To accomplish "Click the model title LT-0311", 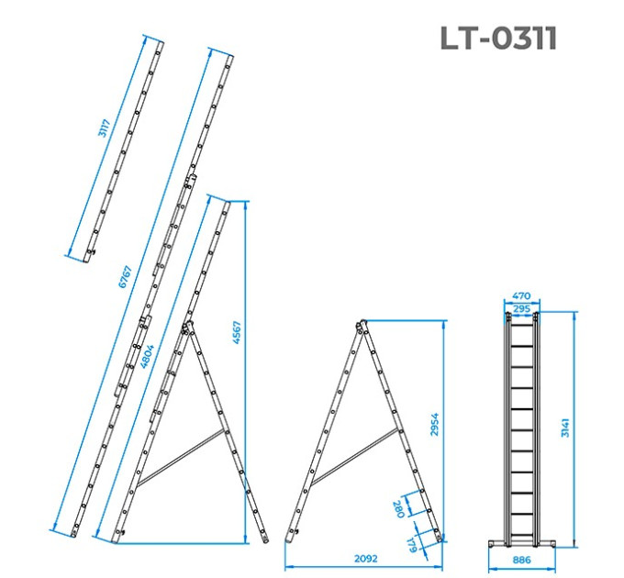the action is tap(498, 39).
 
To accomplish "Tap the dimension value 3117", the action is tap(104, 128).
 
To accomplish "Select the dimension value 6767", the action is tap(125, 277).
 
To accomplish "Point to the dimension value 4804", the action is tap(147, 356).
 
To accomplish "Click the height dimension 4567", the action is tap(237, 332).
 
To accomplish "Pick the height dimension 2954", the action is tap(435, 425).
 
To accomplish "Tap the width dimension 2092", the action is tap(366, 559).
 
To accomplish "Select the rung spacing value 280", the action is tap(398, 509).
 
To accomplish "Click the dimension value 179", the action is tap(411, 544).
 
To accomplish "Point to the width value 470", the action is tap(521, 296).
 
